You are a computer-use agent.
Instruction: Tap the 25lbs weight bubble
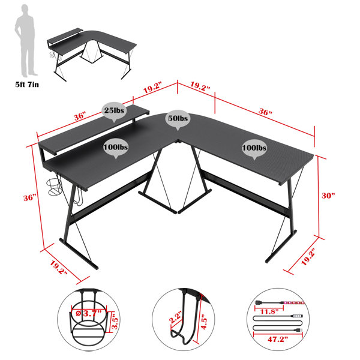pos(114,111)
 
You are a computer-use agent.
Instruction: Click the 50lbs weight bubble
pos(178,119)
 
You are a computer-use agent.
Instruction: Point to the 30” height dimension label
pos(327,196)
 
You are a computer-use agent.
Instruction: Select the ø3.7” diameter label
pos(89,313)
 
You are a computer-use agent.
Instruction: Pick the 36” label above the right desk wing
pos(266,113)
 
